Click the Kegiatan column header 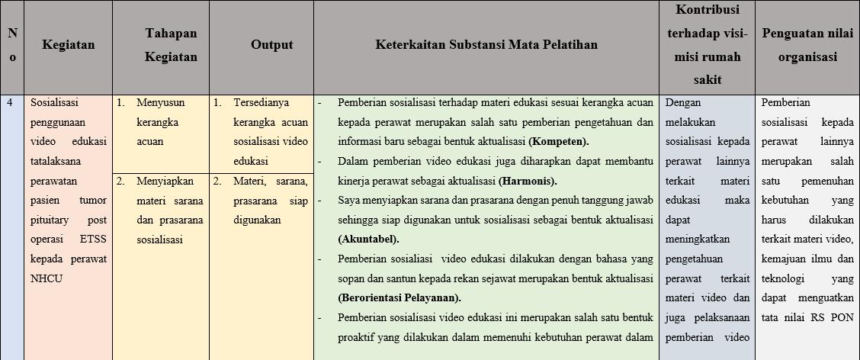point(69,45)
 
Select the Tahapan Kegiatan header point(171,45)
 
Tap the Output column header point(271,45)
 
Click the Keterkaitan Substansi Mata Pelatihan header point(486,45)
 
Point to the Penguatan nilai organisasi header point(807,45)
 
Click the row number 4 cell point(11,102)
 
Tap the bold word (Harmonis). point(528,182)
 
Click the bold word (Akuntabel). point(368,239)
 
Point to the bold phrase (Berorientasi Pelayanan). point(400,297)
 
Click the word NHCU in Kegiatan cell point(47,278)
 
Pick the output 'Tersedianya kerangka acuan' point(270,122)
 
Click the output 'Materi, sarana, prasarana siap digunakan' point(270,201)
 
